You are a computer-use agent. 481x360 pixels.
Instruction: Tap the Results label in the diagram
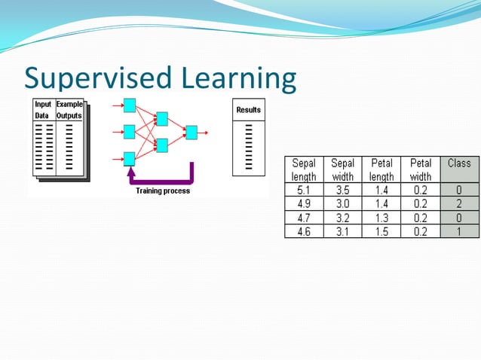tap(248, 110)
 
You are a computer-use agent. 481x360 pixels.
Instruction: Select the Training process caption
tap(163, 191)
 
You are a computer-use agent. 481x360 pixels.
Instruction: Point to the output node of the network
tap(191, 133)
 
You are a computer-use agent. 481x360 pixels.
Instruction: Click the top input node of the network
tap(129, 105)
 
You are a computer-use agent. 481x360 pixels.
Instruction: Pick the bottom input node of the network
tap(129, 158)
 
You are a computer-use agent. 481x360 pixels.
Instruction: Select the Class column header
tap(459, 163)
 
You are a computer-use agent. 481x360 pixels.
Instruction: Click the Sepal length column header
tap(304, 169)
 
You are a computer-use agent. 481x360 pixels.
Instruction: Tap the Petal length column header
tap(381, 169)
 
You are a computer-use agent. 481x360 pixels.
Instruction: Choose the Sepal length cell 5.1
tap(304, 191)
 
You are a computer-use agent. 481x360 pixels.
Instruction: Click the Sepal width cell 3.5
tap(342, 191)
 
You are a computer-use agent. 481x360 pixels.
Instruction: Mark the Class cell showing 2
tap(459, 204)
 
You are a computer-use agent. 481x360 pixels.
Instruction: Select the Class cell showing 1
tap(459, 232)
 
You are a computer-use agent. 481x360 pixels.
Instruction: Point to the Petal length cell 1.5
tap(381, 232)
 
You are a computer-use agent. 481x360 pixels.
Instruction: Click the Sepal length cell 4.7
tap(304, 218)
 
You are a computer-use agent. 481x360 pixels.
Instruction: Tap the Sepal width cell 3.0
tap(342, 204)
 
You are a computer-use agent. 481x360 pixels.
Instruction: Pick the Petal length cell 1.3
tap(381, 218)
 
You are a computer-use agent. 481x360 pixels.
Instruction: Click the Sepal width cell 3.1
tap(342, 232)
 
